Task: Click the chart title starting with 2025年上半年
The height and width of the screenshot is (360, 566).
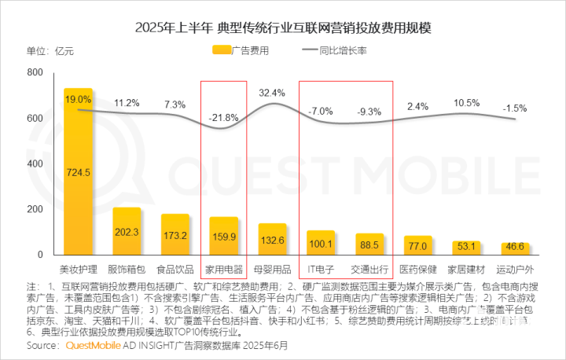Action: pos(284,29)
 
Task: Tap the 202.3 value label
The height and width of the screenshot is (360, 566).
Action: pos(127,233)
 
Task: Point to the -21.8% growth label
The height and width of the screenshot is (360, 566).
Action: pos(223,118)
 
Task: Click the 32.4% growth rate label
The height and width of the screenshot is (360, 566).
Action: pos(272,92)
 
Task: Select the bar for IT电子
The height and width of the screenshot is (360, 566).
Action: pos(321,243)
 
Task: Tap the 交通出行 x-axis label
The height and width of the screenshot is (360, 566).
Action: pos(369,269)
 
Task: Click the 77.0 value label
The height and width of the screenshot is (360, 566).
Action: pos(418,246)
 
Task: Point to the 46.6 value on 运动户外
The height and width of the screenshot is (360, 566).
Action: pos(516,247)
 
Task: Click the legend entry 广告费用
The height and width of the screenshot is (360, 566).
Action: pos(243,51)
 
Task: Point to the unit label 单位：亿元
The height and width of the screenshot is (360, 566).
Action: pos(50,52)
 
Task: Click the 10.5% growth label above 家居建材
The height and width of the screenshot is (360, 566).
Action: pos(467,103)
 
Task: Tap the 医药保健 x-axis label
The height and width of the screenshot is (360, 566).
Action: pos(418,269)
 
